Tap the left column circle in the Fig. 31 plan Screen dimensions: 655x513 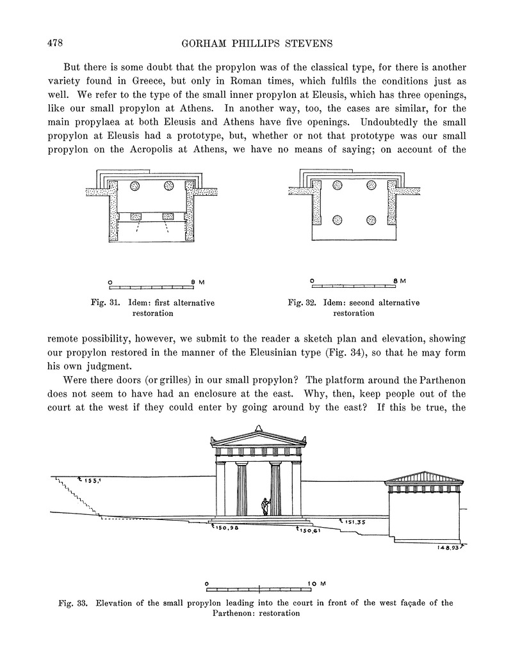click(x=135, y=186)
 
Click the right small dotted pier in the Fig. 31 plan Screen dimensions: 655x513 click(x=168, y=216)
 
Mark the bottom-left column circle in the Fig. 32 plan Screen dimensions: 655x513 click(x=338, y=220)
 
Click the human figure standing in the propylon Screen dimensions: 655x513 click(x=264, y=506)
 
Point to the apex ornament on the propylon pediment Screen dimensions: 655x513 click(x=258, y=428)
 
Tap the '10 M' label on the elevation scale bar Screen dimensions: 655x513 click(x=318, y=584)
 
